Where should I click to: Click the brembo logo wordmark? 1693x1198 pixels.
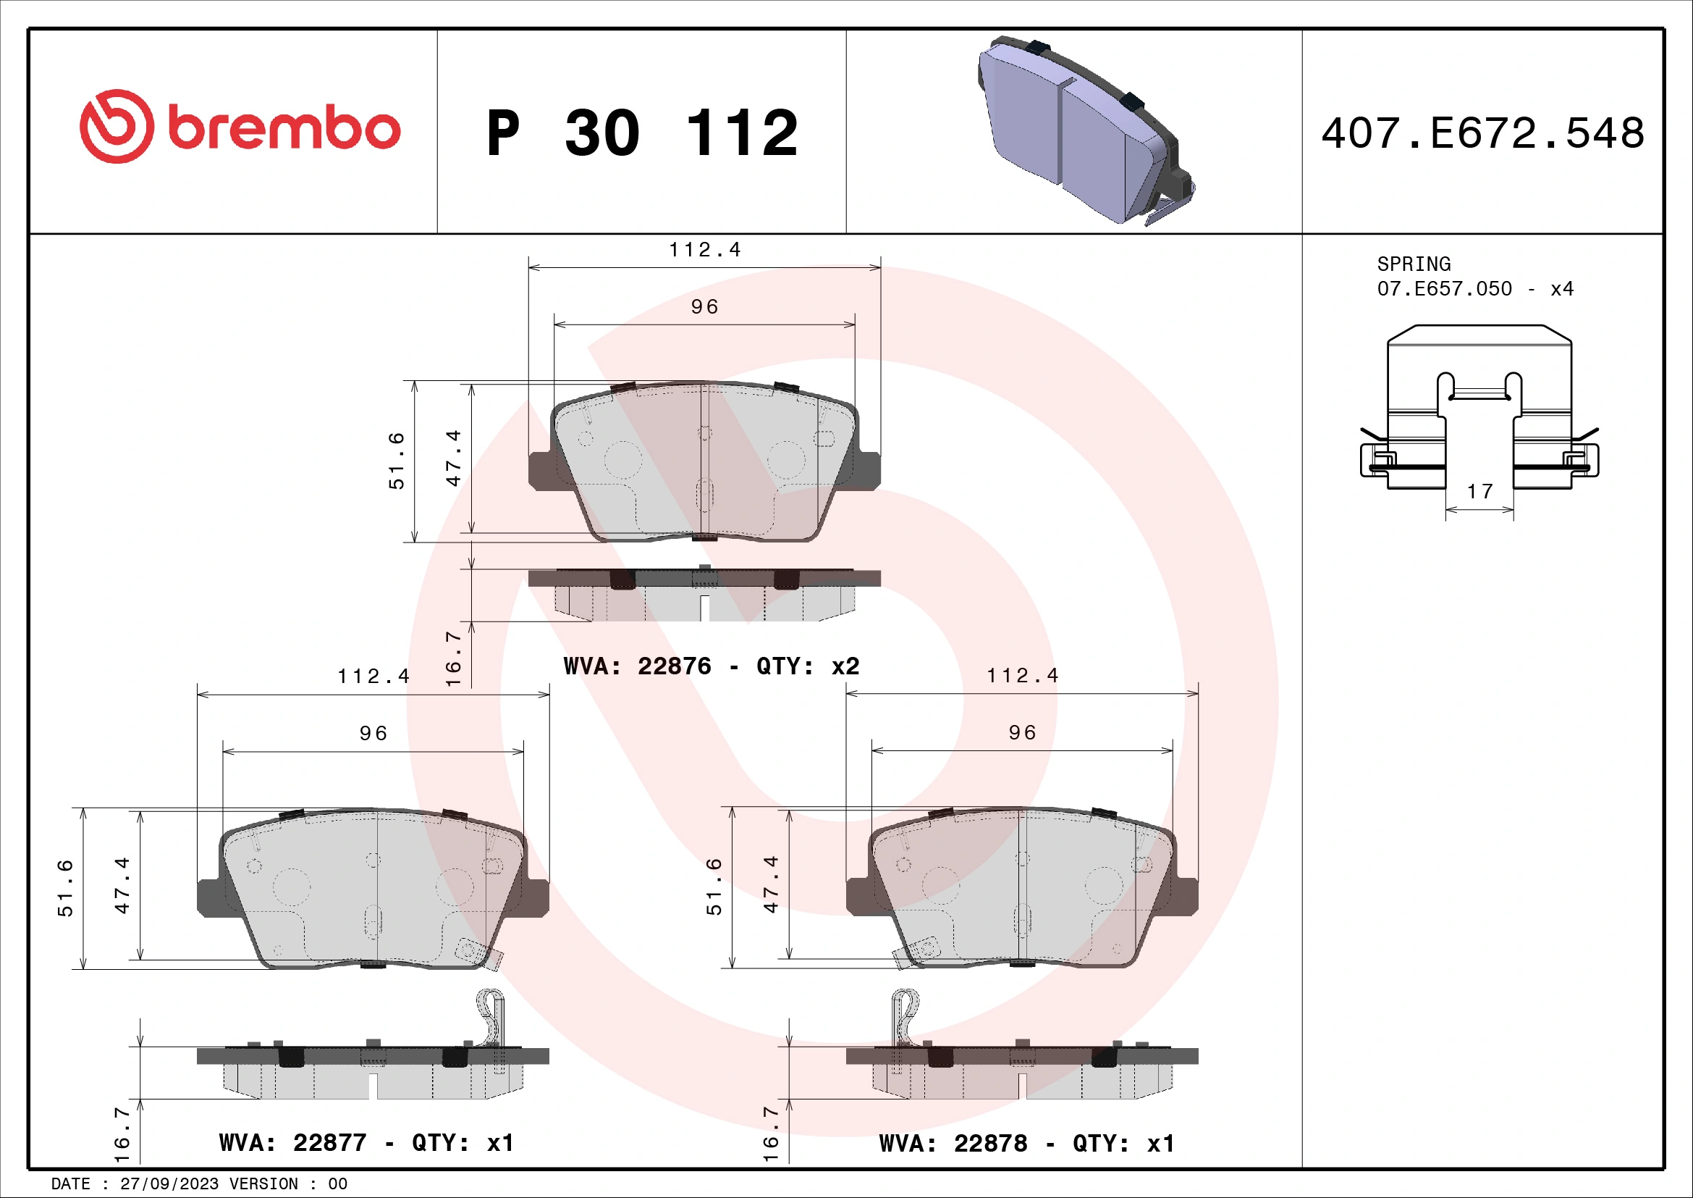tap(283, 128)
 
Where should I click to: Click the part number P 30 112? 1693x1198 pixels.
tap(641, 133)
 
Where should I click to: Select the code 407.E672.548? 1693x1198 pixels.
tap(1482, 133)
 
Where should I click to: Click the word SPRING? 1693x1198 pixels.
tap(1413, 264)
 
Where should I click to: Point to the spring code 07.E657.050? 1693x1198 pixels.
tap(1444, 289)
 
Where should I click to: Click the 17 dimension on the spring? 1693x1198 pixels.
tap(1479, 491)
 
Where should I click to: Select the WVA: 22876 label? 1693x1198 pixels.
tap(637, 666)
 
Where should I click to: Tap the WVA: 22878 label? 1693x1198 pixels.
tap(953, 1144)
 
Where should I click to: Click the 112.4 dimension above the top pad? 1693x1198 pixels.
tap(704, 250)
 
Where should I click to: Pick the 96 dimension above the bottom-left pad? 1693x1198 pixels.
tap(373, 733)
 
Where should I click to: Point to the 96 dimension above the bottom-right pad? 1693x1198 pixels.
tap(1022, 732)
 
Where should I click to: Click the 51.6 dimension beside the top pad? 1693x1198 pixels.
tap(397, 461)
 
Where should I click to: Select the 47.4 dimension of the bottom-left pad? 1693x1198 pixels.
tap(122, 885)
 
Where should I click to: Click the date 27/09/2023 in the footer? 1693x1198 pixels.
tap(169, 1184)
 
